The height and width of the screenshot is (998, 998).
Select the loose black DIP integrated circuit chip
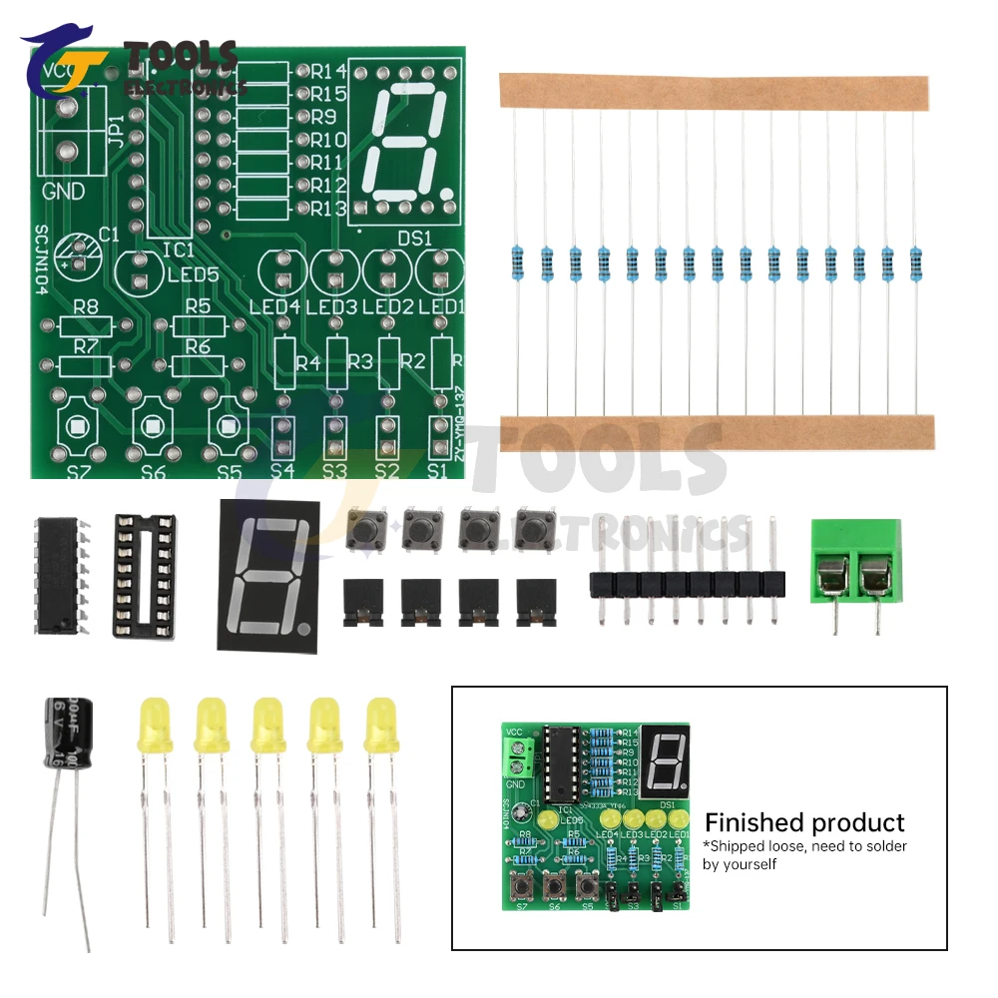pos(61,576)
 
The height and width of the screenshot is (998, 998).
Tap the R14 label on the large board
pos(328,71)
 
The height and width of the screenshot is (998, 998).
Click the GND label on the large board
pos(63,192)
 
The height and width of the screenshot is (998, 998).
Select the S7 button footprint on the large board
pos(77,425)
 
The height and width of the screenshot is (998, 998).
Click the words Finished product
pos(804,822)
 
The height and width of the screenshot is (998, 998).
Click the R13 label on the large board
pos(328,209)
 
